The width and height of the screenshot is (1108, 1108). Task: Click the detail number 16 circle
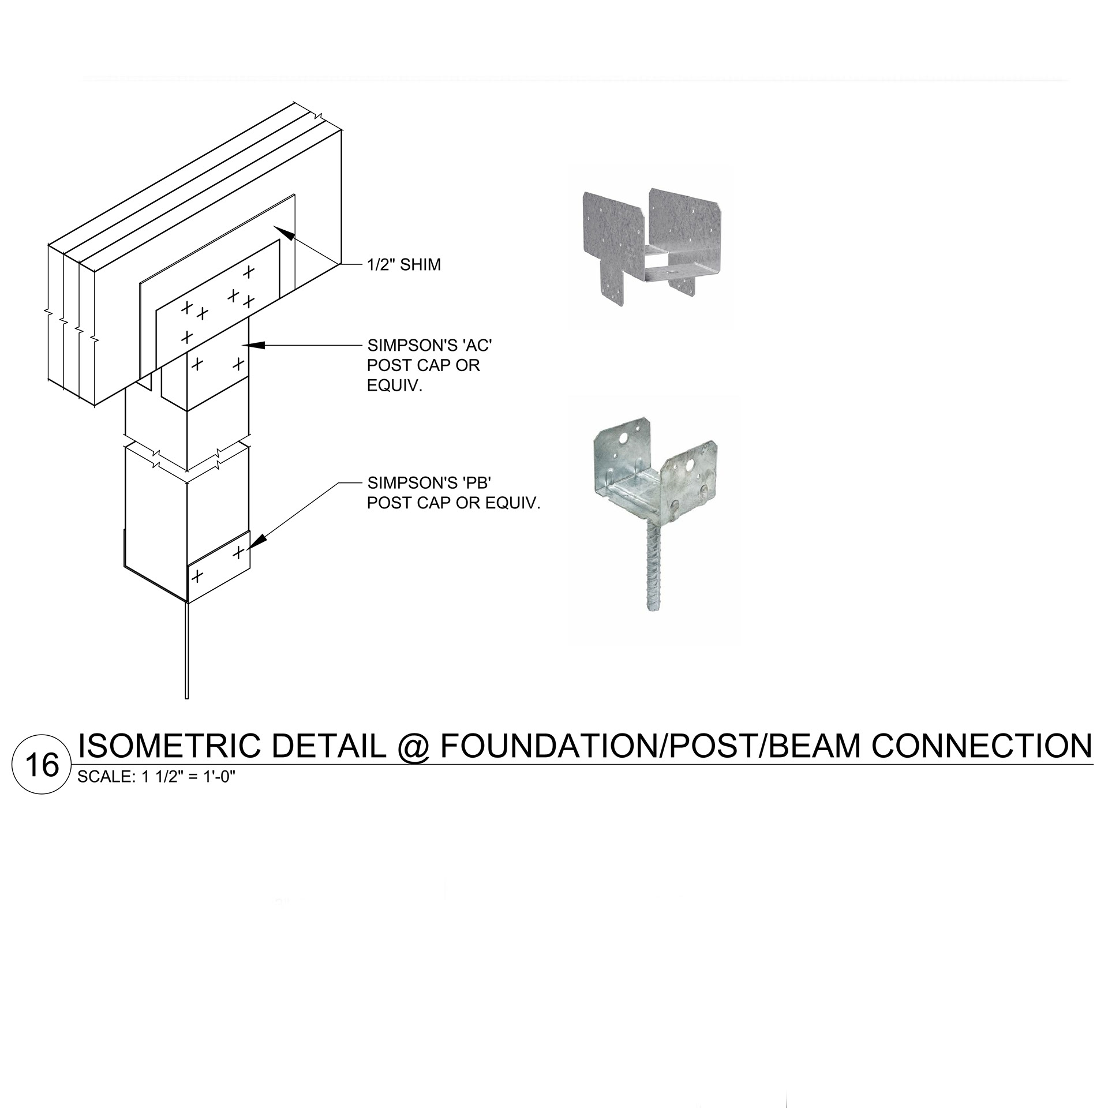(36, 765)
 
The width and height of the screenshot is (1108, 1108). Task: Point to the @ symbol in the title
(413, 747)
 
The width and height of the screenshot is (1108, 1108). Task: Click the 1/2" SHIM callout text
(404, 265)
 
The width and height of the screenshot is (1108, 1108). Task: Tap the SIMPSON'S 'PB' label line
(429, 483)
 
